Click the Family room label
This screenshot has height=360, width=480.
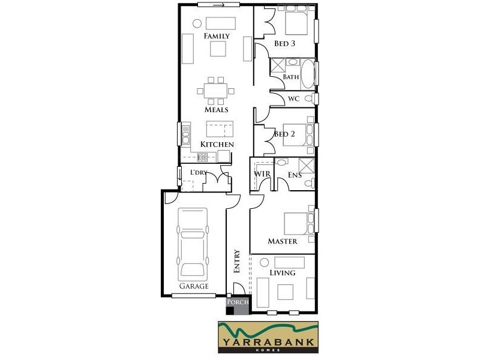217,37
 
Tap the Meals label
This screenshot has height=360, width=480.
217,110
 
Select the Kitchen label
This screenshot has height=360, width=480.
217,145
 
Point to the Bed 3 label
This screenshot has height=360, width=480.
285,44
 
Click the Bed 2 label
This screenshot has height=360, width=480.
284,134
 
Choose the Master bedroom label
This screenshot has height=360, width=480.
283,241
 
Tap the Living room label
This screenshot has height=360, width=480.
283,273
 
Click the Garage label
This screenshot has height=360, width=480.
193,286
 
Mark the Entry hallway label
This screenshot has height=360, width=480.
237,262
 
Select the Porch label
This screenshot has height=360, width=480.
238,302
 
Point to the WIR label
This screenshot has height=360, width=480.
262,174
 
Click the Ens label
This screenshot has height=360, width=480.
294,175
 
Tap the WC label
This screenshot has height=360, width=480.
293,98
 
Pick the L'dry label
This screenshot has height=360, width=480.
199,173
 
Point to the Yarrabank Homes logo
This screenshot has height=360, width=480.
268,337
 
